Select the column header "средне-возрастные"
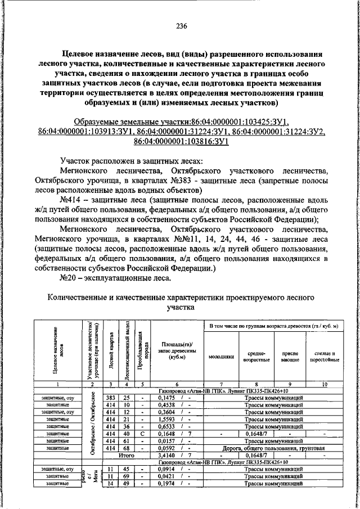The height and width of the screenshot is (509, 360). [256, 355]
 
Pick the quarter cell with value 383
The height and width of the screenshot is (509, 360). [111, 398]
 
